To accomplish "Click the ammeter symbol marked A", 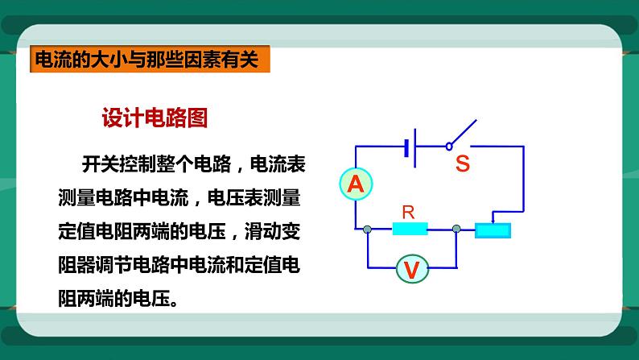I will point(355,184).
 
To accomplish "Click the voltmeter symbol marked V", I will point(411,269).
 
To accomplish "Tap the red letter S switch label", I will point(462,164).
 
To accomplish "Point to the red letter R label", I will point(408,213).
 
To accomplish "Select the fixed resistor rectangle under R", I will point(409,230).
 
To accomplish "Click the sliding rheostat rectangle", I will point(493,230).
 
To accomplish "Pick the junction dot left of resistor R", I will point(367,230).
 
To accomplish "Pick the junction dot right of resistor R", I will point(456,230).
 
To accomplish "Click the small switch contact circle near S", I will point(447,147).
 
